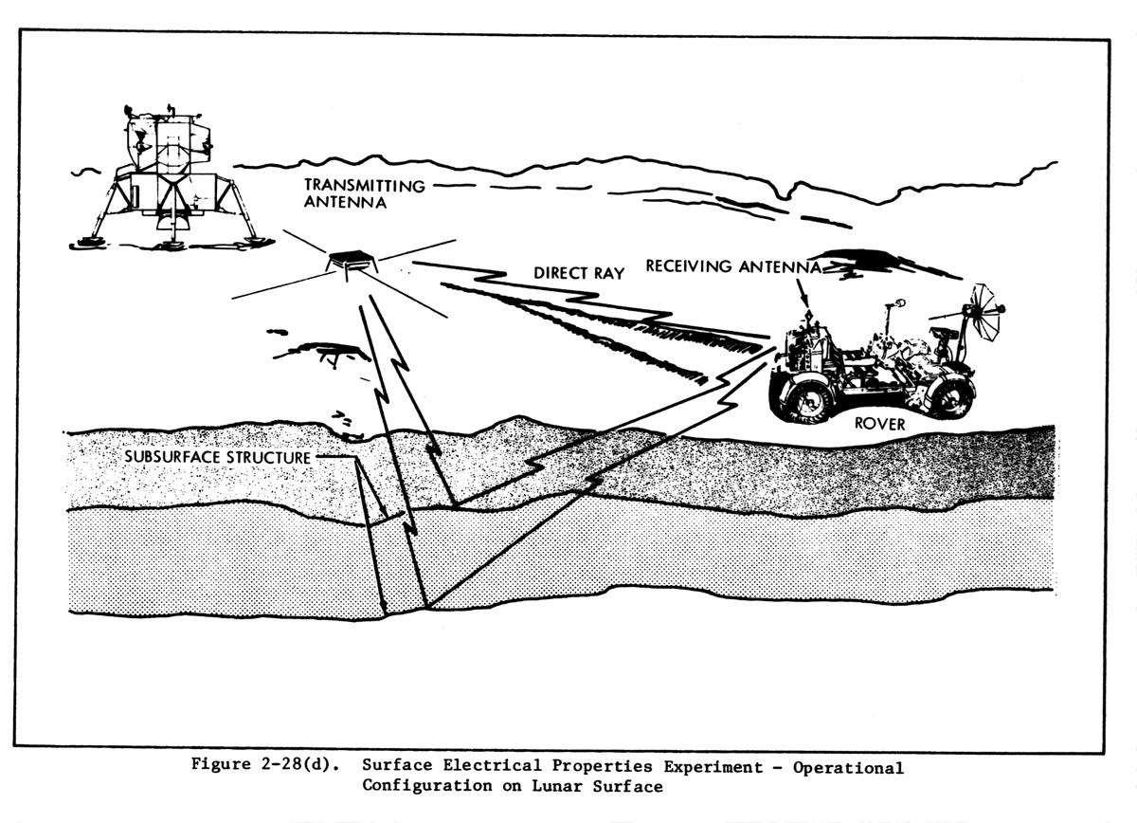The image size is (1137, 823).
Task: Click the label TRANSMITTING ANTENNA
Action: point(364,193)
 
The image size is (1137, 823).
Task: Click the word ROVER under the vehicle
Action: point(879,424)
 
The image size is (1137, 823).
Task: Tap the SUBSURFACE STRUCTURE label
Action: point(218,457)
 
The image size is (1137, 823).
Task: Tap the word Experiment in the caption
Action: point(721,766)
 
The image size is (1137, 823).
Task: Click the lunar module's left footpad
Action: point(88,243)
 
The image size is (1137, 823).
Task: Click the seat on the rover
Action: point(944,334)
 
